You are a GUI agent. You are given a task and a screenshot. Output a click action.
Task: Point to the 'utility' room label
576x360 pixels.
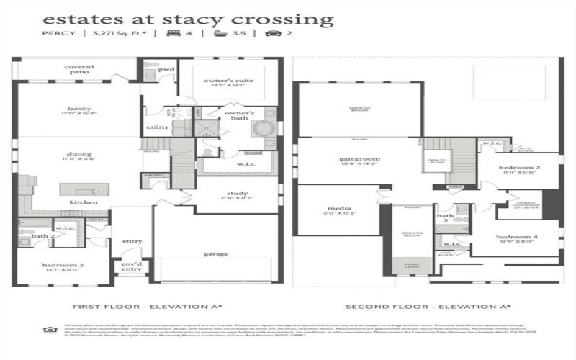[x=157, y=127]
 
